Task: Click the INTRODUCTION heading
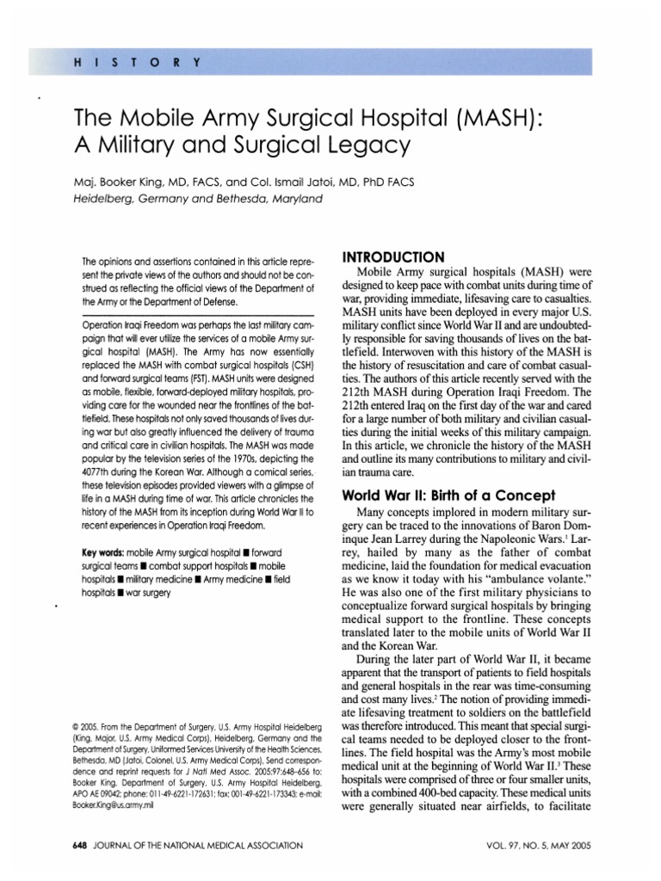(x=394, y=257)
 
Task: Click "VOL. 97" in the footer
(x=509, y=847)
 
